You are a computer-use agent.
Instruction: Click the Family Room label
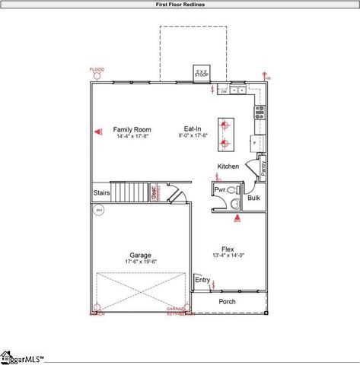tap(132, 129)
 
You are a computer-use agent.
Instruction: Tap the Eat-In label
tap(192, 129)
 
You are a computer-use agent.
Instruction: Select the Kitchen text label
tap(228, 167)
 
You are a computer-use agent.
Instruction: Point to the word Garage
tap(140, 255)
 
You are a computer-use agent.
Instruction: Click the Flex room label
tap(227, 249)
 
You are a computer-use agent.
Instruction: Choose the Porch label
tap(227, 302)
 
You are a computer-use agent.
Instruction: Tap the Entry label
tap(202, 280)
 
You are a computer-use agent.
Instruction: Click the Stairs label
tap(101, 193)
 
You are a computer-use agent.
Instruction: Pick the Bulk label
tap(253, 198)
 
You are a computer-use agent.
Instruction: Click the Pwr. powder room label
tap(220, 189)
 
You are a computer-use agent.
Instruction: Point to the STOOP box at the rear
tap(202, 73)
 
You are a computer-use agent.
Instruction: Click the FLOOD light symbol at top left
tap(97, 75)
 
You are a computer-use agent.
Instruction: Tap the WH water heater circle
tap(98, 212)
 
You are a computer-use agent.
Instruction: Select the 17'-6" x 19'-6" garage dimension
tap(140, 262)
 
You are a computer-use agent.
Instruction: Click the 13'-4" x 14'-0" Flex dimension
tap(227, 256)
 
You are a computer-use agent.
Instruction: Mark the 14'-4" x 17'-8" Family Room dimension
tap(132, 136)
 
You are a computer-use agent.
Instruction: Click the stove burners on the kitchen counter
tap(260, 113)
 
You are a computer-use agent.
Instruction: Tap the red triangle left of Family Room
tap(98, 132)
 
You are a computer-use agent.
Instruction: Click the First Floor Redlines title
tap(180, 4)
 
